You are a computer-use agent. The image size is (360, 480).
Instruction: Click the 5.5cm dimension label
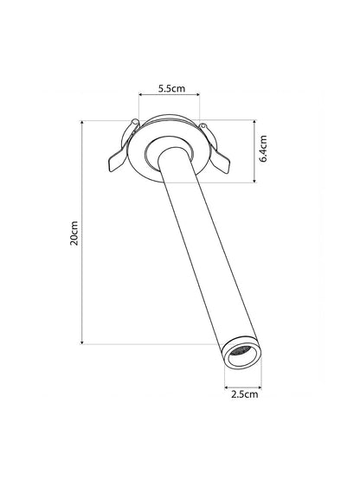(x=171, y=89)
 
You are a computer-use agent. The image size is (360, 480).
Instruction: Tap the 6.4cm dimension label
(x=263, y=148)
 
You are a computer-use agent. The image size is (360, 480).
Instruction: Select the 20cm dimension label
(x=74, y=234)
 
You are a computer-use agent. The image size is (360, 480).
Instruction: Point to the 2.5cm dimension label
(x=245, y=394)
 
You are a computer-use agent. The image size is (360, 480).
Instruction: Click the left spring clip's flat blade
(x=116, y=161)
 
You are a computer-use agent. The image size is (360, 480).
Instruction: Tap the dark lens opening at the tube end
(x=242, y=352)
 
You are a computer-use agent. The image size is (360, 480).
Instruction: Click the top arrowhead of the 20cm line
(x=82, y=123)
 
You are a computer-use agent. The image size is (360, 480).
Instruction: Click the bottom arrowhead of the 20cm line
(x=82, y=342)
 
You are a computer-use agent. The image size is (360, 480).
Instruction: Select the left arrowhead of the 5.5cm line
(x=141, y=95)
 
